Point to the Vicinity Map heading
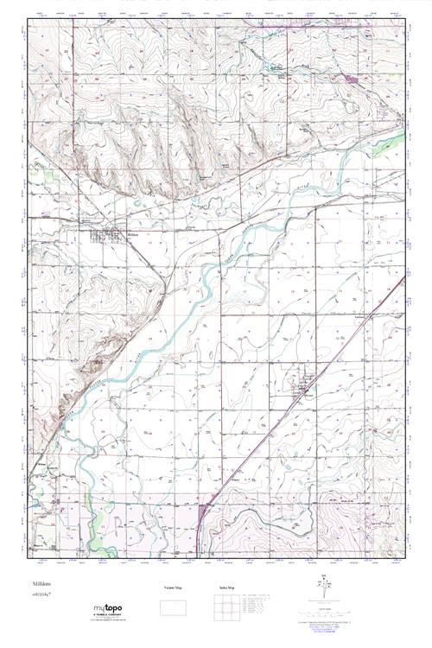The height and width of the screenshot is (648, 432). point(175,588)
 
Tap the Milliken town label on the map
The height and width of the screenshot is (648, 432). point(132,233)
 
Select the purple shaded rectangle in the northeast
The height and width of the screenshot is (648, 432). point(353,79)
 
